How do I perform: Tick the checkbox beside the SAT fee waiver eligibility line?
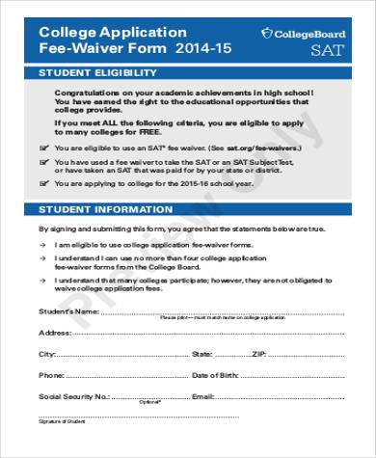click(x=42, y=147)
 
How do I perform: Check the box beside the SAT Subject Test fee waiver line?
click(x=42, y=163)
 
